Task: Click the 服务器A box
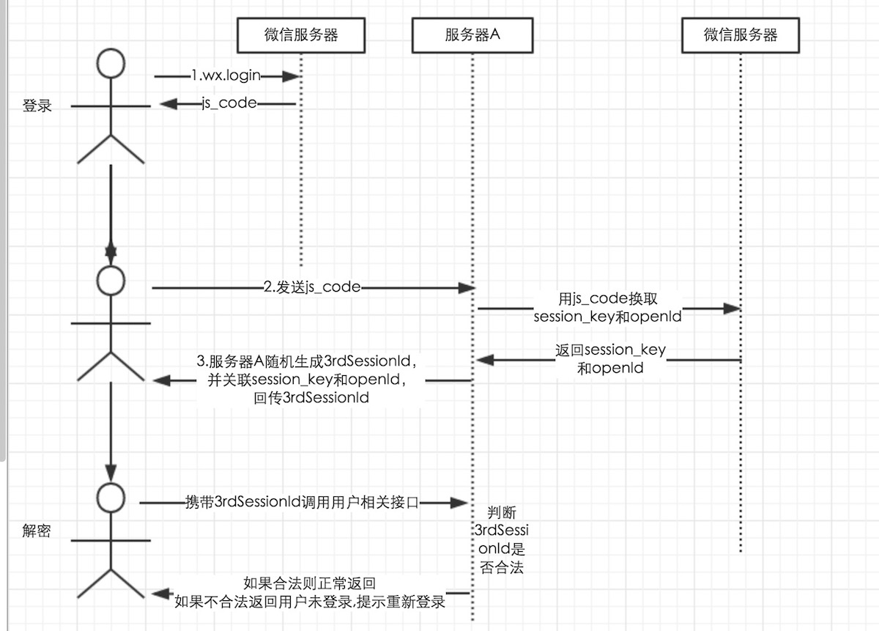coord(472,34)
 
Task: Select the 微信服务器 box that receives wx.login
coord(300,34)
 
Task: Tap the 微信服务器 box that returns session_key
coord(741,34)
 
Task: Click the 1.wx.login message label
coord(226,75)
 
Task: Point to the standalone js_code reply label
coord(229,103)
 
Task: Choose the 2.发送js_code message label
coord(312,287)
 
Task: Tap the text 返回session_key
coord(611,350)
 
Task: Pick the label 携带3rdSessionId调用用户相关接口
coord(302,503)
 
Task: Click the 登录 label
coord(37,106)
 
